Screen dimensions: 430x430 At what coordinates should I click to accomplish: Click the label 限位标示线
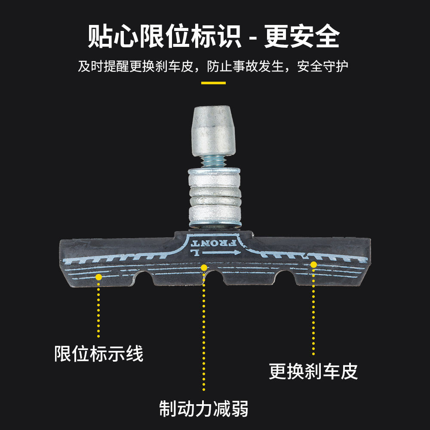[x=98, y=354]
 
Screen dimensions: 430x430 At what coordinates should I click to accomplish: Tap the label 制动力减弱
[x=204, y=408]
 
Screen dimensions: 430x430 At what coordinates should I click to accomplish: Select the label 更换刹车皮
[x=313, y=371]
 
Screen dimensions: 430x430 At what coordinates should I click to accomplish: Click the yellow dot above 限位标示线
[x=98, y=277]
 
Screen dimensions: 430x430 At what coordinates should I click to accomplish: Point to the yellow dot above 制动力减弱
[x=204, y=268]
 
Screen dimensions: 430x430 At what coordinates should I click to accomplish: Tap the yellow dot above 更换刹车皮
[x=313, y=264]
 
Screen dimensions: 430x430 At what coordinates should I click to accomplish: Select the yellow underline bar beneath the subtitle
[x=213, y=83]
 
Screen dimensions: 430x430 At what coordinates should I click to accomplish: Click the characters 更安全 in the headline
[x=302, y=37]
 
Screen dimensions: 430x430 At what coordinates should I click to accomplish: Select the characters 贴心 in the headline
[x=113, y=37]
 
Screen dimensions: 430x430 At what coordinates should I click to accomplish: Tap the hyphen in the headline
[x=253, y=39]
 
